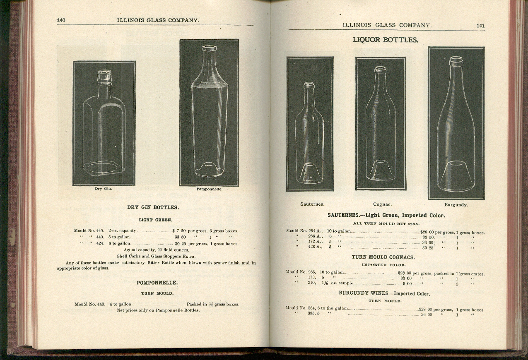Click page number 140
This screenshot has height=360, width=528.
tap(61, 20)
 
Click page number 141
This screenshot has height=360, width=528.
tap(480, 25)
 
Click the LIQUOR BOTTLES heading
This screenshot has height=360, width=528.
tap(385, 40)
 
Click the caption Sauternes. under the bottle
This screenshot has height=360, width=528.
tap(312, 204)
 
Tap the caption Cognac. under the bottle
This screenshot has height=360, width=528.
tap(382, 204)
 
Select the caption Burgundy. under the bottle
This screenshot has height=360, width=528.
tap(456, 204)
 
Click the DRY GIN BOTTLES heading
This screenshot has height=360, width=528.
tap(153, 207)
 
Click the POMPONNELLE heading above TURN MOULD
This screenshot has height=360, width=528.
tap(157, 283)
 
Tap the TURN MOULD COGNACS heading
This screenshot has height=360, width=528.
tap(383, 257)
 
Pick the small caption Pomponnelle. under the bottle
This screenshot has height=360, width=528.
tap(209, 189)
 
